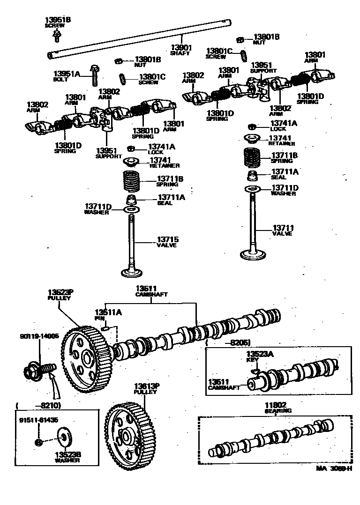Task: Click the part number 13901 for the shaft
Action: tap(181, 47)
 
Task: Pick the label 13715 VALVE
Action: tap(167, 242)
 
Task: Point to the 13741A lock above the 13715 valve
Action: tap(132, 149)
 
